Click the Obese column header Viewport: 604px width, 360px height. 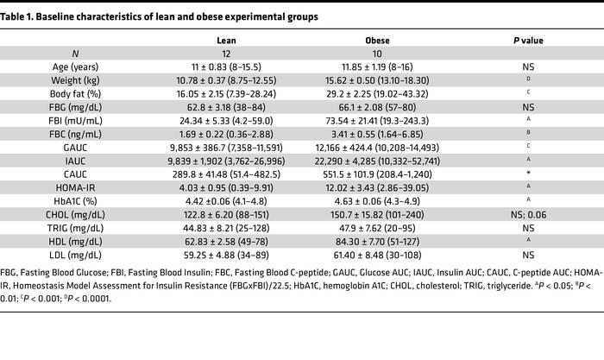(x=368, y=40)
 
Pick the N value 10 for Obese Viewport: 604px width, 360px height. (x=368, y=53)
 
